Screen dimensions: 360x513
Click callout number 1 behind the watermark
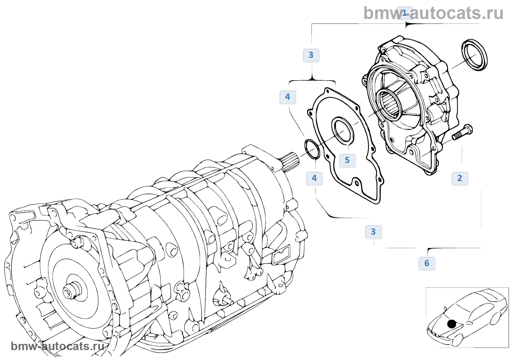tap(405, 13)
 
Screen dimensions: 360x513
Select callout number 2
tap(460, 179)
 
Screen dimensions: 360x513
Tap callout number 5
tap(347, 161)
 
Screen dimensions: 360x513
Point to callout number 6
tap(427, 264)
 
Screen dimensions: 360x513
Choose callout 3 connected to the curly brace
tap(311, 55)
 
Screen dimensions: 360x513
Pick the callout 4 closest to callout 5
tap(314, 179)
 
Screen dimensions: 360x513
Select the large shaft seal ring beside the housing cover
tap(475, 54)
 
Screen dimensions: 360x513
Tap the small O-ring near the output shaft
tap(312, 149)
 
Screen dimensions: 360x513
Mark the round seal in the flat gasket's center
tap(343, 130)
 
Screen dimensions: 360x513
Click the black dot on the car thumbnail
tap(451, 324)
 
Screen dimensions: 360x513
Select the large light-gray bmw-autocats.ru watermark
tap(433, 13)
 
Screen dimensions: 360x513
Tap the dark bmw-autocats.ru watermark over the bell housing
tap(58, 346)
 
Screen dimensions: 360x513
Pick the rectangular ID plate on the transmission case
tap(282, 254)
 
